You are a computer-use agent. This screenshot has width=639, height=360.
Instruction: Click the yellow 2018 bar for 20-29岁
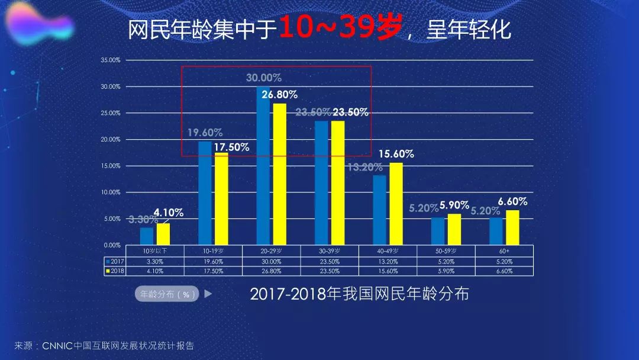tap(279, 175)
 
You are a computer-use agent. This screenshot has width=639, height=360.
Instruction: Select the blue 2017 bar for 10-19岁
tap(205, 193)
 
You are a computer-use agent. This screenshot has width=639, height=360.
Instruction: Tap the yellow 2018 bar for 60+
tap(512, 227)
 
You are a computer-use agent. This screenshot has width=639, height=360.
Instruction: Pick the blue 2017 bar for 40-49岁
tap(379, 210)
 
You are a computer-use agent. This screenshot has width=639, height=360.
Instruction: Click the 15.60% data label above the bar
tap(396, 154)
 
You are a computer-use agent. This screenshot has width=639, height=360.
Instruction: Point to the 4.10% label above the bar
tap(169, 213)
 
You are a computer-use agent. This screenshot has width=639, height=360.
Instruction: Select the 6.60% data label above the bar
tap(512, 202)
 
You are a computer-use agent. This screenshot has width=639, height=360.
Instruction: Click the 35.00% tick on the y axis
tap(111, 60)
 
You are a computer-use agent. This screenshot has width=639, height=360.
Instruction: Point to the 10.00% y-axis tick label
tap(111, 192)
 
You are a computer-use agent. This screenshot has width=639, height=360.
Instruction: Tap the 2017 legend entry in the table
tap(115, 261)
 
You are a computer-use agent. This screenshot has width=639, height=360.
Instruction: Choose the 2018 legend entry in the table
tap(115, 271)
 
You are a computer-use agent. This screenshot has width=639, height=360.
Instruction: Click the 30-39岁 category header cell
tap(330, 250)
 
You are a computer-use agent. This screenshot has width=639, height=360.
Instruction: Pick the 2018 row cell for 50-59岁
tap(446, 271)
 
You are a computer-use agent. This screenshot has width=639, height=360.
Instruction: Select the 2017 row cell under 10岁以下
tap(154, 261)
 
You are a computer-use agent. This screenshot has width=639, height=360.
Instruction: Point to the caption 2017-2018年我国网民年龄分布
tap(359, 294)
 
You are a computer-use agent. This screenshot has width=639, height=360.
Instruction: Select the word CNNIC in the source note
tap(57, 346)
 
